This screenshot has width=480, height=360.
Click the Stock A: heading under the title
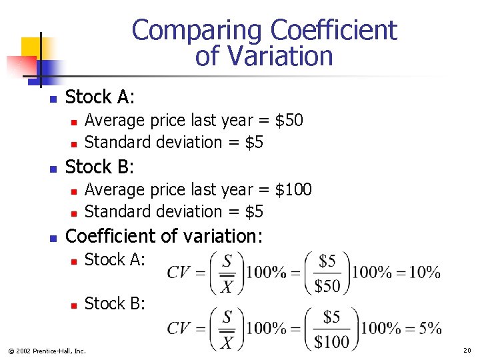100,97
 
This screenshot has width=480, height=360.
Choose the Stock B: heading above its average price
100,167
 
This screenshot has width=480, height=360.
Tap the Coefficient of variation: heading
165,236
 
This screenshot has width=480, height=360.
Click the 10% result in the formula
424,273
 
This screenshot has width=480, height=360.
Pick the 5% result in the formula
429,328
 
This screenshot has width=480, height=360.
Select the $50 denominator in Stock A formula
327,286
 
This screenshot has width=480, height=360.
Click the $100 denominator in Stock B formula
331,342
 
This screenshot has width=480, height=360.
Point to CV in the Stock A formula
179,273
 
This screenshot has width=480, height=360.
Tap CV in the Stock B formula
179,328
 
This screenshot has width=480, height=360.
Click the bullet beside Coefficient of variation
53,237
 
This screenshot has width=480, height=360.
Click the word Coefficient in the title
333,31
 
